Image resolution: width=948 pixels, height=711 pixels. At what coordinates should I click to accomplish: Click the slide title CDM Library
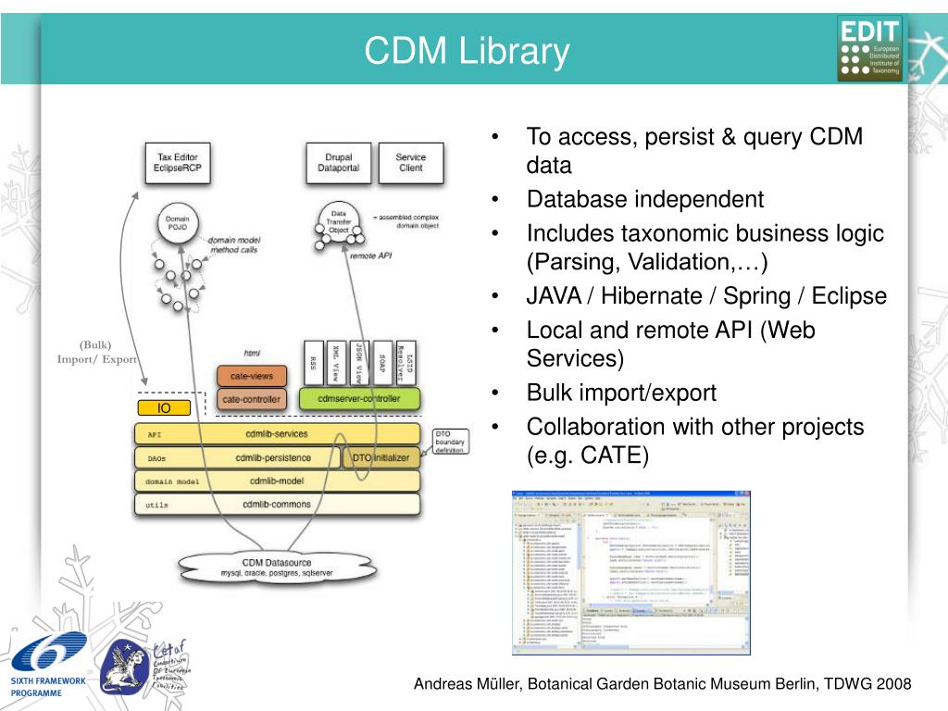[466, 51]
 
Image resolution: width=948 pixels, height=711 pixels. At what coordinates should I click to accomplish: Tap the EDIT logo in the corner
[869, 48]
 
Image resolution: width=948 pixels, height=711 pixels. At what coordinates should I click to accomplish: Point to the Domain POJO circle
[177, 225]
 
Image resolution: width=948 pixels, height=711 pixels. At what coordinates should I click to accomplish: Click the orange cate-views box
[252, 377]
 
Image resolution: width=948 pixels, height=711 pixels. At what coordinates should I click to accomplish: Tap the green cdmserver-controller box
[359, 399]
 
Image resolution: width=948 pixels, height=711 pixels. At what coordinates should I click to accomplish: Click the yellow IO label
[164, 408]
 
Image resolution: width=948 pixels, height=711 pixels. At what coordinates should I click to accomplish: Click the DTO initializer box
[380, 457]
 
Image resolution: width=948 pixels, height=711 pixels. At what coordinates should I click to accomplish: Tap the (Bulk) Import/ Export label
[96, 353]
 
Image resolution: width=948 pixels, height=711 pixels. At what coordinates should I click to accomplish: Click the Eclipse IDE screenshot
[631, 572]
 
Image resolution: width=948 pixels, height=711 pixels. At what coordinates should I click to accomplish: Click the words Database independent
[645, 199]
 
